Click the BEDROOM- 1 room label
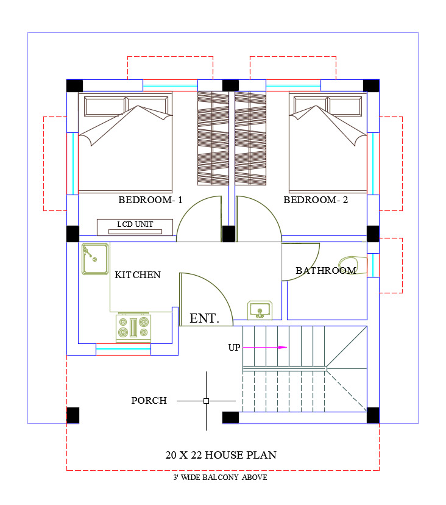[150, 200]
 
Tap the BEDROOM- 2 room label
[316, 200]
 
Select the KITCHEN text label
[138, 274]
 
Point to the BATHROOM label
[326, 271]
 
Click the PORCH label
[149, 400]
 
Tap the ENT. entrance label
[204, 318]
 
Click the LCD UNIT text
[135, 224]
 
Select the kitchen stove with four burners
[133, 327]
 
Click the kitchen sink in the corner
[95, 259]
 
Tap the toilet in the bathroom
[353, 265]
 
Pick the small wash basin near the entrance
[260, 310]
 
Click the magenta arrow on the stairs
[265, 347]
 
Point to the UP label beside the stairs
[234, 348]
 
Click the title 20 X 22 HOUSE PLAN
[221, 455]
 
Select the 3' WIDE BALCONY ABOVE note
[221, 478]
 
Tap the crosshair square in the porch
[207, 401]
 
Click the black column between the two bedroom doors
[228, 234]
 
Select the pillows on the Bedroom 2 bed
[328, 106]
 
